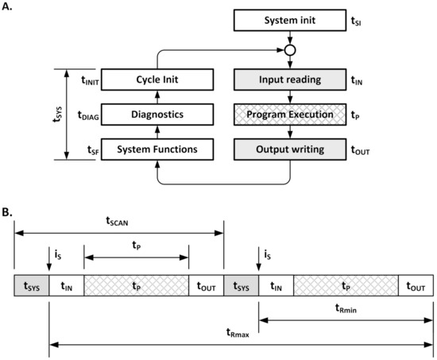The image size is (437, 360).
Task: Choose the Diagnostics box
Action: [156, 114]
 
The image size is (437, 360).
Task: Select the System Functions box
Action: [156, 148]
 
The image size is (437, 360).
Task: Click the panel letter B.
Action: [7, 213]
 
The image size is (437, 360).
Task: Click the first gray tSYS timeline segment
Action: [32, 285]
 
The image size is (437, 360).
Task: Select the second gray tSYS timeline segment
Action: [242, 285]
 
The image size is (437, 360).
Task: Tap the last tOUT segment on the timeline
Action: [416, 285]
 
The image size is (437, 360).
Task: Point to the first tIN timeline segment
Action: [66, 285]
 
